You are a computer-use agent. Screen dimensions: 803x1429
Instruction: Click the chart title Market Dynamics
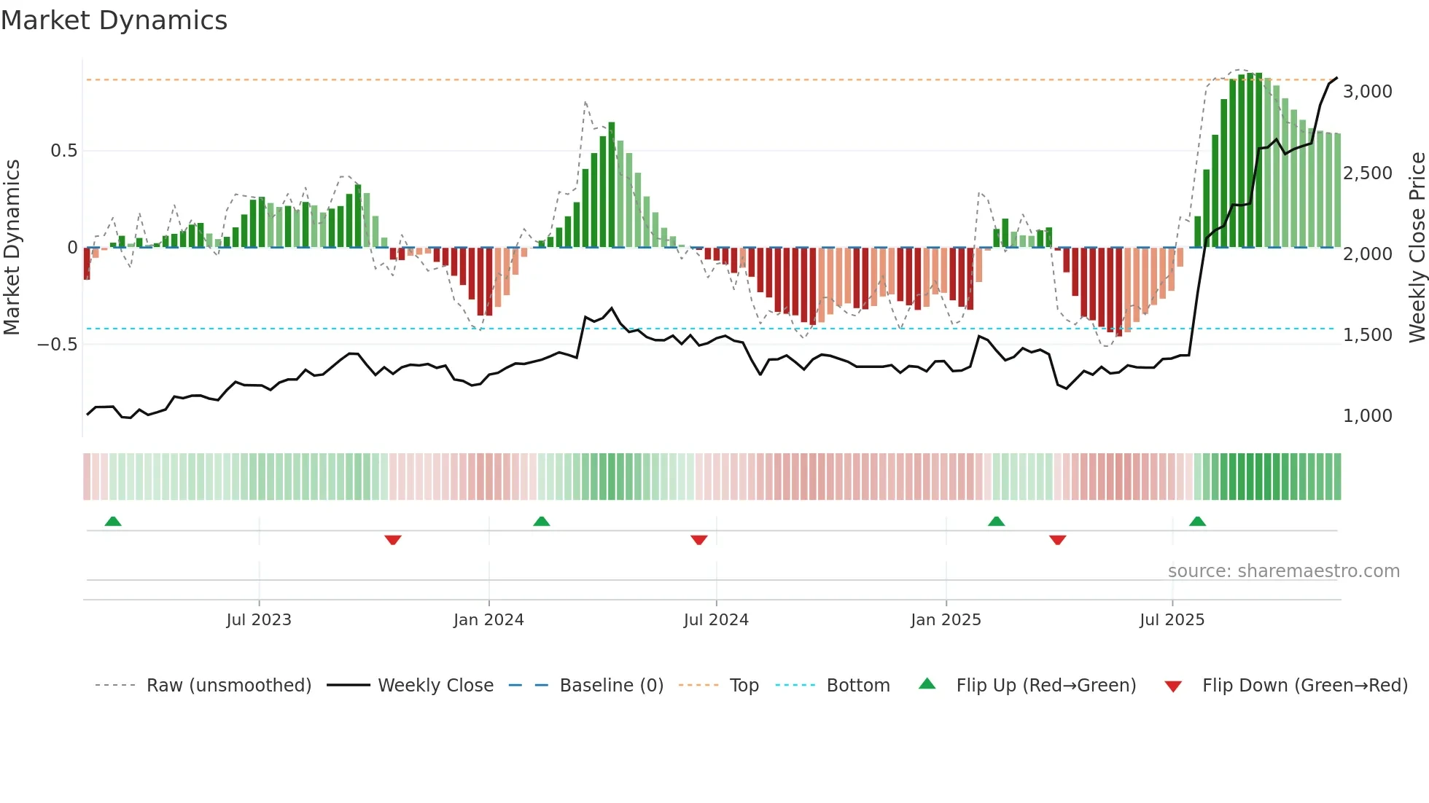(x=114, y=20)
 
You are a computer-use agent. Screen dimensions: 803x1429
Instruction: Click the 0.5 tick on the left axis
(x=63, y=151)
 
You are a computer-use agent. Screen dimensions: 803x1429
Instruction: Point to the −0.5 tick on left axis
(x=58, y=344)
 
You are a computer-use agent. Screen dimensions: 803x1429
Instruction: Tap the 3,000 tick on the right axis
(x=1367, y=92)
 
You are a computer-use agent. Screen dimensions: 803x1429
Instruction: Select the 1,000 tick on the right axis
(x=1367, y=416)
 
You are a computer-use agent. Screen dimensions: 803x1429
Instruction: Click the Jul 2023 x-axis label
(x=259, y=620)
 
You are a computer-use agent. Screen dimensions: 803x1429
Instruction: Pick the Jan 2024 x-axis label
(x=488, y=620)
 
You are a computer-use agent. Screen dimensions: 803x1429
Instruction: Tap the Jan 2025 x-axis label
(x=946, y=620)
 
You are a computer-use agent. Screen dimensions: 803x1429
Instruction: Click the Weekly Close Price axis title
(x=1417, y=248)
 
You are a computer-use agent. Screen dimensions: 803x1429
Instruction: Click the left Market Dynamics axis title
(x=12, y=248)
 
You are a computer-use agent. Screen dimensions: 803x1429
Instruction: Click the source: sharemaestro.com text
(x=1283, y=571)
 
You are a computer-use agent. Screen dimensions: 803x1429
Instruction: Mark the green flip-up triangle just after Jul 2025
(x=1197, y=521)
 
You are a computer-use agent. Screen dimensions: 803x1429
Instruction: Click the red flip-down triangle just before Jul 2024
(x=698, y=540)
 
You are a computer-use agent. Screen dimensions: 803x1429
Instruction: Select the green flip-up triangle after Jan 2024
(x=541, y=521)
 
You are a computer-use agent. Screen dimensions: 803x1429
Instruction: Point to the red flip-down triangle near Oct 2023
(x=393, y=540)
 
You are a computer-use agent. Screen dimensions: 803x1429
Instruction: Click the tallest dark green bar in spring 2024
(x=612, y=185)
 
